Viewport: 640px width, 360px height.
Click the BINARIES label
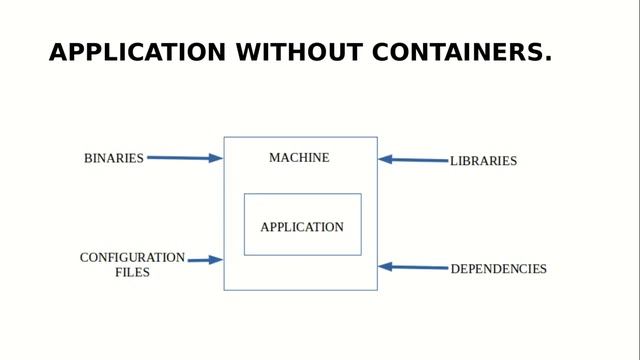click(114, 158)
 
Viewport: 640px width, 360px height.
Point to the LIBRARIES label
click(483, 160)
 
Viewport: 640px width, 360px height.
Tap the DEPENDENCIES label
click(498, 269)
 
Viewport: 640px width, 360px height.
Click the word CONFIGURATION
click(132, 257)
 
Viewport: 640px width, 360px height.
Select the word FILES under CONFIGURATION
click(132, 272)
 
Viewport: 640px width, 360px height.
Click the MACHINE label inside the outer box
click(299, 158)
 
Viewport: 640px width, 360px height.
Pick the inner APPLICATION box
click(302, 225)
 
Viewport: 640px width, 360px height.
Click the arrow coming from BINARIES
click(180, 158)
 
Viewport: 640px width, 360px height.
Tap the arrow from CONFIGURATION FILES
click(202, 260)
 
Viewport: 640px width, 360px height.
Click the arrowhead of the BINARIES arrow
click(216, 158)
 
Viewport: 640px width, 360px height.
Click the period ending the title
click(548, 59)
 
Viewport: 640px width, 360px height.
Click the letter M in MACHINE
click(274, 158)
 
